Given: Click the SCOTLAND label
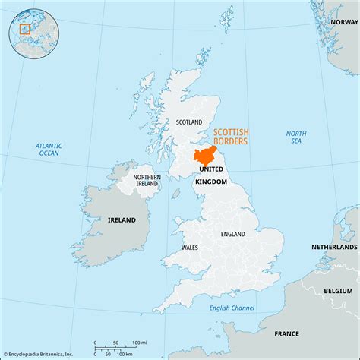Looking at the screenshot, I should pos(189,122).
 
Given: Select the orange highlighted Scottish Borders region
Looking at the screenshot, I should pos(204,158).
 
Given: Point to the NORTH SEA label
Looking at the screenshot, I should pos(296,137).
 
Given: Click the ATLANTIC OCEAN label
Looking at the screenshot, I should pos(48,148).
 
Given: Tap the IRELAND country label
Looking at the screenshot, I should pos(122,219).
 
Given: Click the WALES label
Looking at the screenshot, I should pos(190,248).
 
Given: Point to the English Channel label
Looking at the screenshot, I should pos(232,308).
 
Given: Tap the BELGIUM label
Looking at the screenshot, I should pos(339,291).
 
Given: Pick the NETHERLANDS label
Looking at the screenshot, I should pos(333,248).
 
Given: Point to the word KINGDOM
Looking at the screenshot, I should pos(210,182).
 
